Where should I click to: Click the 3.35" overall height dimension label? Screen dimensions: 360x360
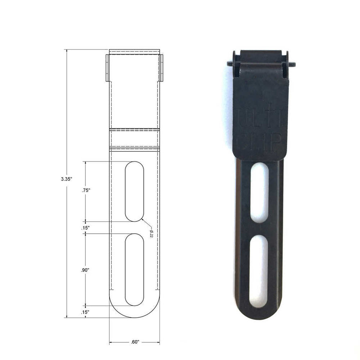coord(66,179)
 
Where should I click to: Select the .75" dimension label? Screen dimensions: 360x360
coord(86,190)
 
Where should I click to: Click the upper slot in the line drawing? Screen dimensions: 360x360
coord(134,191)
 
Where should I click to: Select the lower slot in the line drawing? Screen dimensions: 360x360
coord(134,269)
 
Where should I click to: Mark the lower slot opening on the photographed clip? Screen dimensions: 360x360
coord(259,268)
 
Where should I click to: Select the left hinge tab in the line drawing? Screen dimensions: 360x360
coord(107,67)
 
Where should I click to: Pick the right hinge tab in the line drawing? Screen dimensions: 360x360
coord(161,67)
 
